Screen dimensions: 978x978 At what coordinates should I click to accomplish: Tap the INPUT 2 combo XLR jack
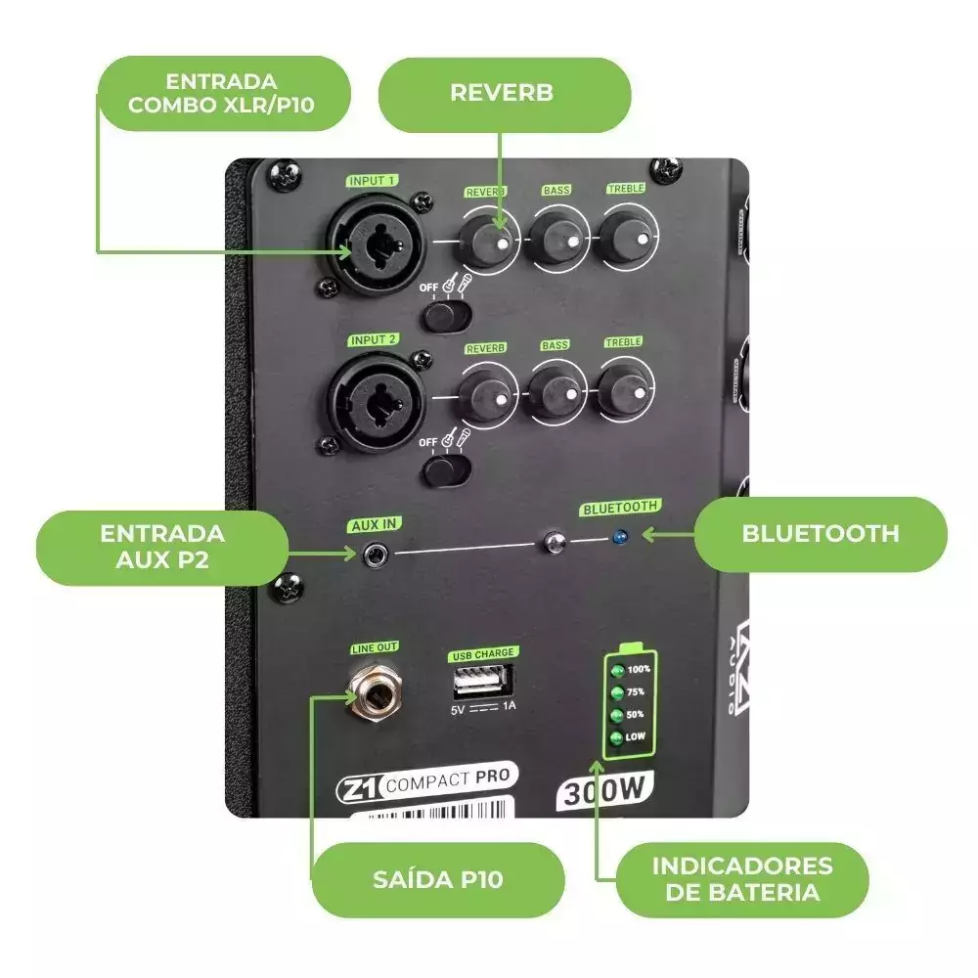click(377, 399)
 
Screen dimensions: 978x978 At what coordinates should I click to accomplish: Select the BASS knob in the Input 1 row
click(556, 237)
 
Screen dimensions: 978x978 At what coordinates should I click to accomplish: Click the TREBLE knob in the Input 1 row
click(626, 236)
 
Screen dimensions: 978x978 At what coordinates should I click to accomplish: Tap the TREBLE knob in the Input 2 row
click(624, 388)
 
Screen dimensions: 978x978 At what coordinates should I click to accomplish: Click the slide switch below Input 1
click(446, 316)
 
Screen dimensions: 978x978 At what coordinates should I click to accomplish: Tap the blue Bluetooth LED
click(618, 537)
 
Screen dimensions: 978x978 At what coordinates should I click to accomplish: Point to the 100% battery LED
click(616, 671)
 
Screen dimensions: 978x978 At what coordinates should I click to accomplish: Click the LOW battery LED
click(616, 738)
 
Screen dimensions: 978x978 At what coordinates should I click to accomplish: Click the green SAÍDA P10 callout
click(437, 879)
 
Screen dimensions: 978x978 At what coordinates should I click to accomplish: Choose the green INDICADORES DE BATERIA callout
click(742, 879)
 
